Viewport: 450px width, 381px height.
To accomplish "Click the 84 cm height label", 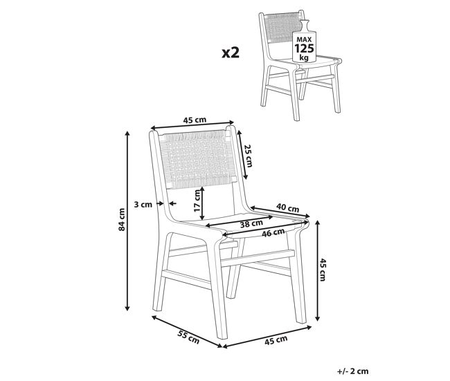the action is tap(122, 219).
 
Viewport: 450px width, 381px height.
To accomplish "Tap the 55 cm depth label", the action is tap(188, 337).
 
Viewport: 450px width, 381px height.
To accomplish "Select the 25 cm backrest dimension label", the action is tap(249, 156).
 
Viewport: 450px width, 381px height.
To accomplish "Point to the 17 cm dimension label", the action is tap(197, 201).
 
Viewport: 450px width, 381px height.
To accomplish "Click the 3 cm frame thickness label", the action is tap(143, 205).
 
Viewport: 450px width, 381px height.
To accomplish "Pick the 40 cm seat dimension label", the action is tap(287, 207).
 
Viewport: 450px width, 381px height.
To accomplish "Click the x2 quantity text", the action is tap(231, 53).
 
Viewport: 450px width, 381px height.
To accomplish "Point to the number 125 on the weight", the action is tap(304, 48).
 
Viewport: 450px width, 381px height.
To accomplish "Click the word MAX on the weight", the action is tap(304, 39).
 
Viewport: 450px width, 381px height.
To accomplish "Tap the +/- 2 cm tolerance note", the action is tap(352, 371).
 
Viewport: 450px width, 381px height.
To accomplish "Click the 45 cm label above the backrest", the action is tap(195, 120).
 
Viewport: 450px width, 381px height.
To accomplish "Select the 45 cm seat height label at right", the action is tap(323, 270).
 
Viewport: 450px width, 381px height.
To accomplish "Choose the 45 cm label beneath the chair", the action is tap(276, 340).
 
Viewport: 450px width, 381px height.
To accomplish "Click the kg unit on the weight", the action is tap(304, 57).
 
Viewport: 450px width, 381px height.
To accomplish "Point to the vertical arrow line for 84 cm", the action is tap(127, 221).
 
